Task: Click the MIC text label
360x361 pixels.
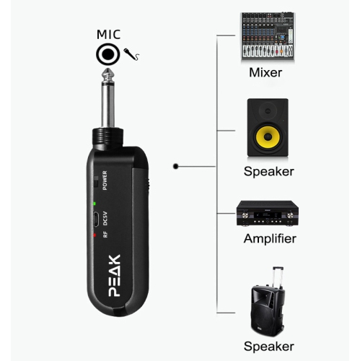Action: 109,34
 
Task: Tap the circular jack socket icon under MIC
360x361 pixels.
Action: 108,54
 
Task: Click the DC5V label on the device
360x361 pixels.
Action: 105,219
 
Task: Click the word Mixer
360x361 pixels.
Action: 265,72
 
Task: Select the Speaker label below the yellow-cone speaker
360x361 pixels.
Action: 268,171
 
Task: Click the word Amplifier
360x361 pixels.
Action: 270,239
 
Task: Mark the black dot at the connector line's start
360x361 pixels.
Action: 175,166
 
